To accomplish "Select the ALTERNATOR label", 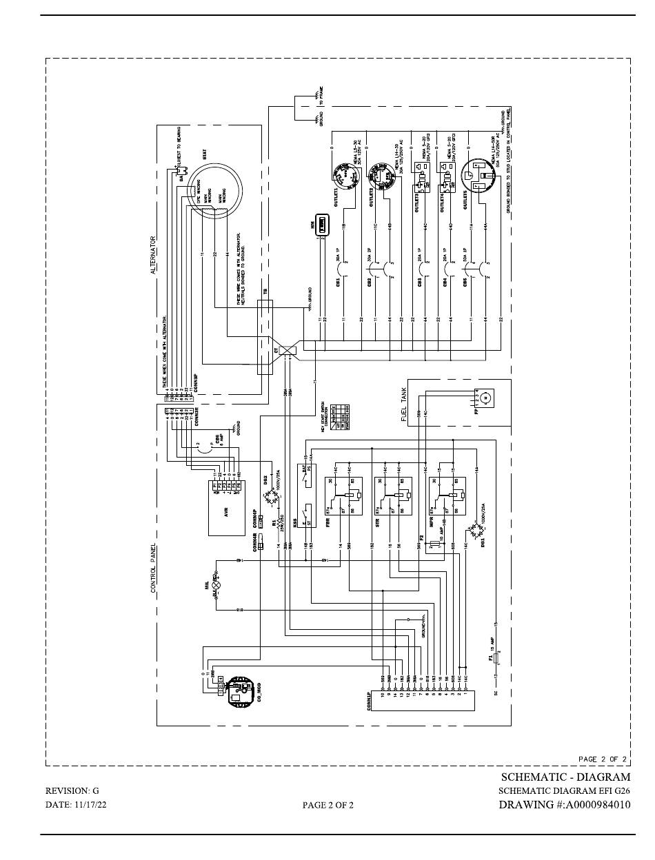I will [154, 256].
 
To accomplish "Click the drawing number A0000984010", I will [564, 804].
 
